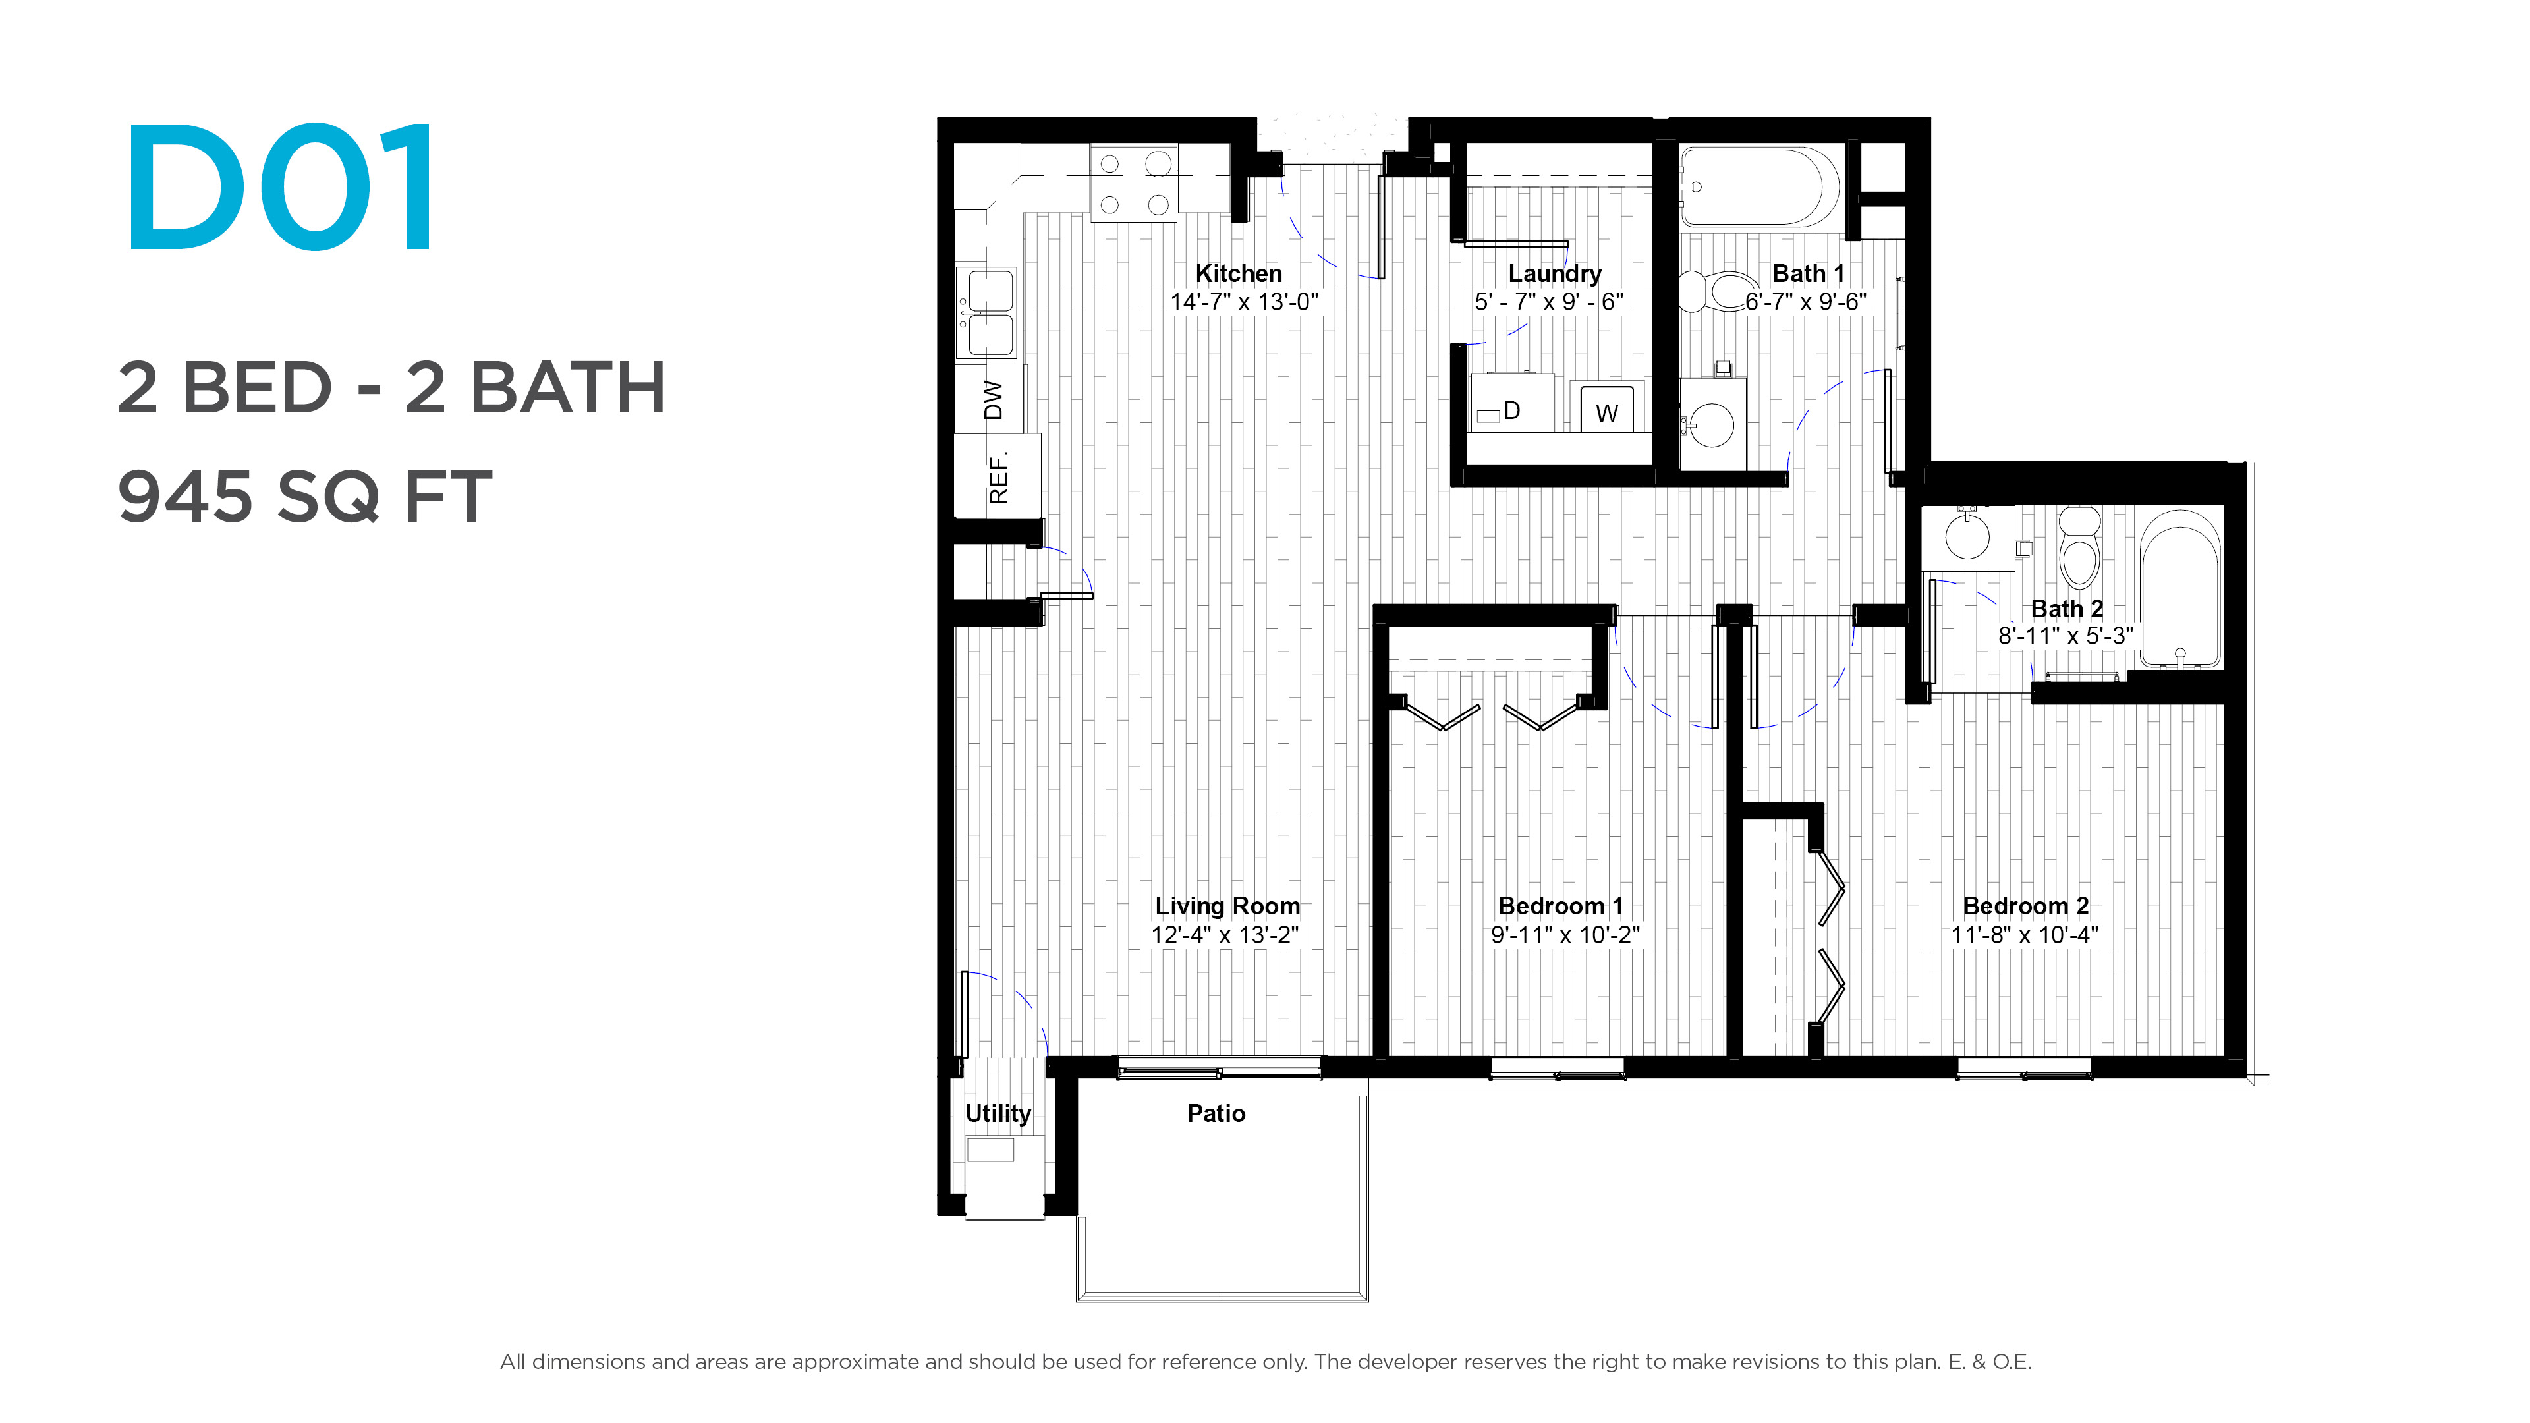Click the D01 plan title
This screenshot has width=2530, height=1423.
[x=280, y=186]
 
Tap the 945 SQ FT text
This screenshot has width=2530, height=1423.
[x=304, y=496]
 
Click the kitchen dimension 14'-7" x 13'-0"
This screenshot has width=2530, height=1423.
[x=1243, y=302]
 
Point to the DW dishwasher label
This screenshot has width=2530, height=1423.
[x=994, y=400]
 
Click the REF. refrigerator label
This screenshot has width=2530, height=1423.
[x=999, y=478]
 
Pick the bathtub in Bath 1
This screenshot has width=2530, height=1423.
[x=1759, y=188]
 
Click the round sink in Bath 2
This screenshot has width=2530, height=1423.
[x=1967, y=537]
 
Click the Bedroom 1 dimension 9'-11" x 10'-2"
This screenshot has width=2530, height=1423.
[x=1565, y=935]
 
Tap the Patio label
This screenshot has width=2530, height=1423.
[x=1216, y=1113]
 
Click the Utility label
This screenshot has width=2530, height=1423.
[x=998, y=1113]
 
